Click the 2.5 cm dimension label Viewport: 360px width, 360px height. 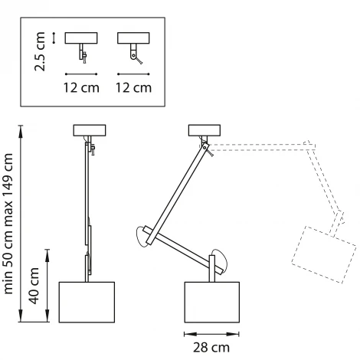tap(40, 51)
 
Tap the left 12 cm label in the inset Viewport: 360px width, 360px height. tap(81, 87)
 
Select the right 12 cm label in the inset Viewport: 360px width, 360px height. tap(134, 87)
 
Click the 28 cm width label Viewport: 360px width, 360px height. tap(211, 348)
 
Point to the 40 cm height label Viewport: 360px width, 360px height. tap(34, 286)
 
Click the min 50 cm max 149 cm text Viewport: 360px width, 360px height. tap(8, 224)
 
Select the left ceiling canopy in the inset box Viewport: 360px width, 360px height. tap(81, 38)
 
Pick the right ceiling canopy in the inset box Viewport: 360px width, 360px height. tap(133, 38)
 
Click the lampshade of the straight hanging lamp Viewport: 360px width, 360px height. tap(87, 303)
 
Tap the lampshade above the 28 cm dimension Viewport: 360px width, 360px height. tap(212, 303)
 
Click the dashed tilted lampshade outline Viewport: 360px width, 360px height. tap(324, 255)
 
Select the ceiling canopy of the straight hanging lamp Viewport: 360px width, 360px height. tap(90, 130)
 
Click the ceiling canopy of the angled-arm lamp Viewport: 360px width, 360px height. tap(205, 130)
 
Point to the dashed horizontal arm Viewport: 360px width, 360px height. tap(263, 147)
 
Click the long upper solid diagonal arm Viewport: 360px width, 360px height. tap(178, 193)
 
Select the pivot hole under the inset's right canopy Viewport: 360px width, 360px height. tap(133, 55)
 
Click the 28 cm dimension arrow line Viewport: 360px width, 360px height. tap(211, 334)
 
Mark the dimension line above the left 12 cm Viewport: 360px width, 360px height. tap(81, 74)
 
